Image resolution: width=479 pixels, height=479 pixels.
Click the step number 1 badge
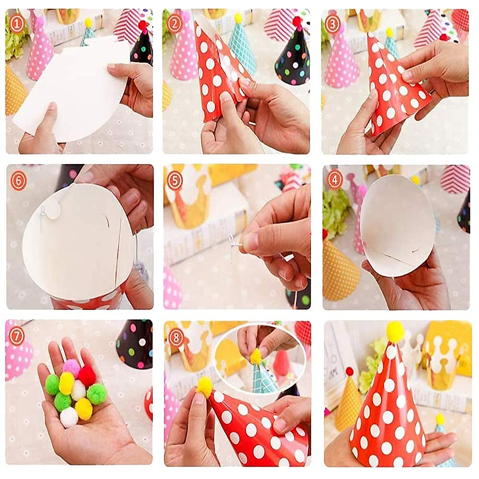16,24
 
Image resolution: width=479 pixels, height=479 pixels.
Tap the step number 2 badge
174,24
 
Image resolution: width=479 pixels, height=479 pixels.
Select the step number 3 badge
333,24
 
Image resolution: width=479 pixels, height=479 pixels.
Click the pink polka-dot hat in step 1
40,52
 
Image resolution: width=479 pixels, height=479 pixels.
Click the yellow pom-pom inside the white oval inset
256,356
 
